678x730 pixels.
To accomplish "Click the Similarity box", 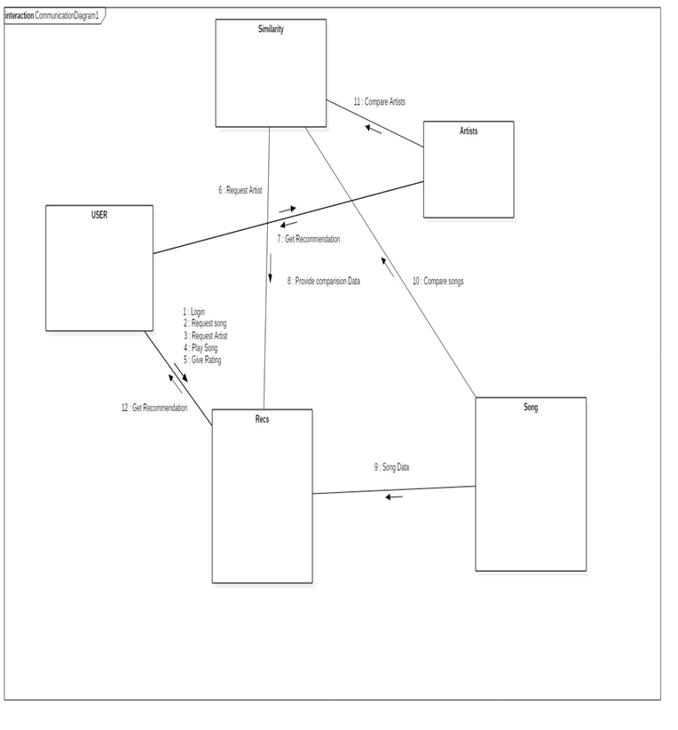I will pyautogui.click(x=271, y=73).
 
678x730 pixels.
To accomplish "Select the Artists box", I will pyautogui.click(x=468, y=169).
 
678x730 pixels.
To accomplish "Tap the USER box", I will pyautogui.click(x=99, y=267).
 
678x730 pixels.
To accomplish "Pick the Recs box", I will pyautogui.click(x=262, y=496).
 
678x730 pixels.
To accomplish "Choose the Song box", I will pyautogui.click(x=530, y=483).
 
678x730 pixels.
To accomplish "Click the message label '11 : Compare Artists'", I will pyautogui.click(x=379, y=102).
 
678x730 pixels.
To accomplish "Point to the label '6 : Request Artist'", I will pyautogui.click(x=240, y=190).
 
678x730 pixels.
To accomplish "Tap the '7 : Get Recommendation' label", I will pyautogui.click(x=308, y=239).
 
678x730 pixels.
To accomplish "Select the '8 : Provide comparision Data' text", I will pyautogui.click(x=323, y=281).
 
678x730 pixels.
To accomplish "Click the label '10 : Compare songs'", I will pyautogui.click(x=438, y=281).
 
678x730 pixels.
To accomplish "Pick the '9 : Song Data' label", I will pyautogui.click(x=391, y=466).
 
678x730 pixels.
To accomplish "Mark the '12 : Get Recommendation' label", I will pyautogui.click(x=154, y=408).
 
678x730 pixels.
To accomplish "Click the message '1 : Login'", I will pyautogui.click(x=194, y=312).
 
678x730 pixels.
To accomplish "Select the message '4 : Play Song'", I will pyautogui.click(x=201, y=348).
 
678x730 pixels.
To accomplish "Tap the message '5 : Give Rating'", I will pyautogui.click(x=202, y=361).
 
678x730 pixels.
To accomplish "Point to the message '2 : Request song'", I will pyautogui.click(x=205, y=323).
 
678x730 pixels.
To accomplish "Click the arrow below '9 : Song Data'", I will pyautogui.click(x=393, y=496).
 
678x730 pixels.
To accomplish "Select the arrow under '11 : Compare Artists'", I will pyautogui.click(x=374, y=129).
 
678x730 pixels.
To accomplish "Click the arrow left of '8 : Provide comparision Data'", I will pyautogui.click(x=270, y=265).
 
